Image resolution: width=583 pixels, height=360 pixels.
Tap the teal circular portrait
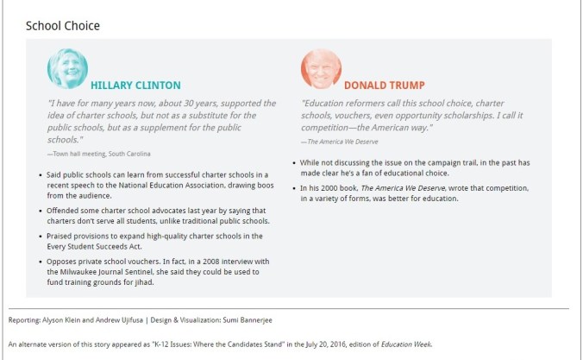67,69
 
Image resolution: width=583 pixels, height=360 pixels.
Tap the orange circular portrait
321,69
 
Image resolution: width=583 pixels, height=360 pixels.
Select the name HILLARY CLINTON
135,85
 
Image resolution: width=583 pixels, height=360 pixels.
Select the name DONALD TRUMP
386,85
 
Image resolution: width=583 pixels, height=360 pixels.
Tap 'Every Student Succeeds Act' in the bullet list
105,246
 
